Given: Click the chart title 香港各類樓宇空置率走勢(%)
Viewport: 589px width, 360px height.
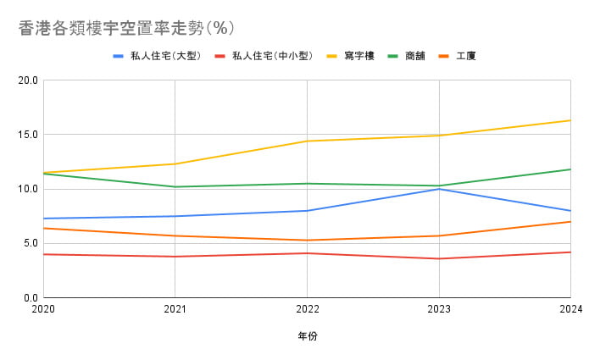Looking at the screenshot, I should pyautogui.click(x=125, y=28).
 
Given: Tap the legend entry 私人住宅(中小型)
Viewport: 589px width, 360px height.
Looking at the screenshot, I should pyautogui.click(x=272, y=57).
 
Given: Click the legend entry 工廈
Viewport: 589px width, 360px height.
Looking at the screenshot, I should pyautogui.click(x=465, y=57).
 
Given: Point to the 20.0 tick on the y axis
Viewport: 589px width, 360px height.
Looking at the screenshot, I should pyautogui.click(x=29, y=80).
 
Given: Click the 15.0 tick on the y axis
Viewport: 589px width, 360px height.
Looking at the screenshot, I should pyautogui.click(x=29, y=135).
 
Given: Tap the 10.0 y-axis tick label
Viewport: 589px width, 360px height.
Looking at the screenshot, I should pyautogui.click(x=29, y=189).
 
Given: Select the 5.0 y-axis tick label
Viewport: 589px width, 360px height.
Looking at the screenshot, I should pyautogui.click(x=31, y=243).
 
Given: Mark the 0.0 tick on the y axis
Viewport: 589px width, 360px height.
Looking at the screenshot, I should pyautogui.click(x=31, y=297).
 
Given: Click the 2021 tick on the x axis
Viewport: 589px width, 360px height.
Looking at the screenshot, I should pyautogui.click(x=175, y=310).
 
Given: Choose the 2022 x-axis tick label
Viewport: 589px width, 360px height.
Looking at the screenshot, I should pyautogui.click(x=307, y=310).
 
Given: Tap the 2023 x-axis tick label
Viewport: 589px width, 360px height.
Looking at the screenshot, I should pyautogui.click(x=438, y=310).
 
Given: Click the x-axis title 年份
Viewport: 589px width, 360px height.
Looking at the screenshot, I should pyautogui.click(x=307, y=336).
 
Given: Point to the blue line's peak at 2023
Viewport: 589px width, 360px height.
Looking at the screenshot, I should pyautogui.click(x=438, y=189).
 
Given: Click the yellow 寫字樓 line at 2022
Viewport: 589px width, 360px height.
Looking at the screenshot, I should pyautogui.click(x=307, y=141).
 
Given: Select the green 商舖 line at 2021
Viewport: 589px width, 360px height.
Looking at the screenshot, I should pyautogui.click(x=175, y=186).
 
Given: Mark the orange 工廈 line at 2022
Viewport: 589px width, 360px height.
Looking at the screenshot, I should pyautogui.click(x=307, y=240).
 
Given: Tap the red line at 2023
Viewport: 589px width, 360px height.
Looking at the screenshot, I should pyautogui.click(x=438, y=258).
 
